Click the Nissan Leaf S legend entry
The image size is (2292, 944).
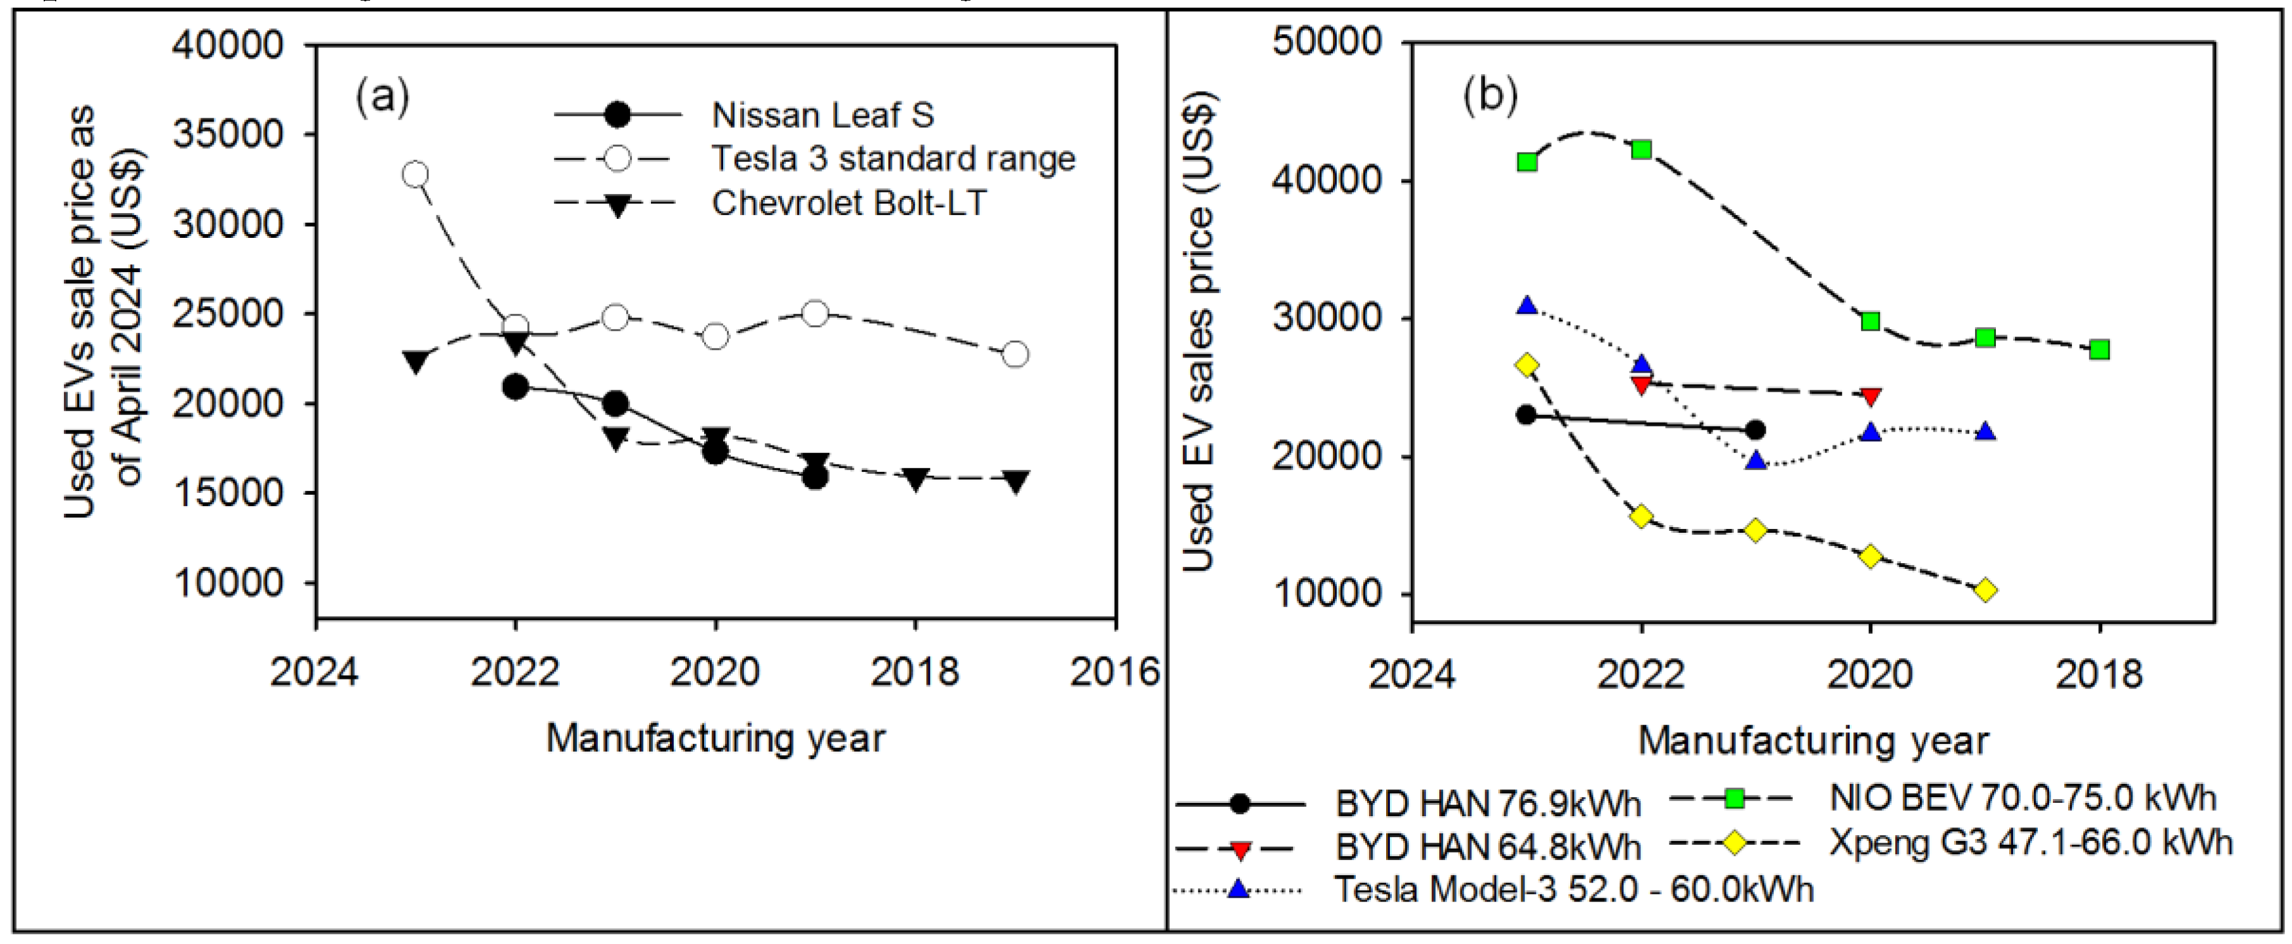[x=822, y=115]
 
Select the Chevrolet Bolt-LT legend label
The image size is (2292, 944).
[x=849, y=203]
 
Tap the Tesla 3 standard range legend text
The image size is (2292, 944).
[x=893, y=158]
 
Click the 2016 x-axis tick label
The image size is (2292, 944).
[x=1114, y=672]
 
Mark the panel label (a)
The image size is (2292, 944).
[x=383, y=96]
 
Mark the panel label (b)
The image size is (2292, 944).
[x=1490, y=94]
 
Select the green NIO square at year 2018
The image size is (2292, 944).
[x=2100, y=350]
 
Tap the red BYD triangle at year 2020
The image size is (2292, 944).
[x=1870, y=396]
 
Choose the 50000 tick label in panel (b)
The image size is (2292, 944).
[x=1327, y=42]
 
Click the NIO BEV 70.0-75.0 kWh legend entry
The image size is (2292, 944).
[x=2021, y=798]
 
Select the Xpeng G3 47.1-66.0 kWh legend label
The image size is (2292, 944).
[x=2031, y=842]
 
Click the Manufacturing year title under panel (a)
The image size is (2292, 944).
[x=715, y=738]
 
